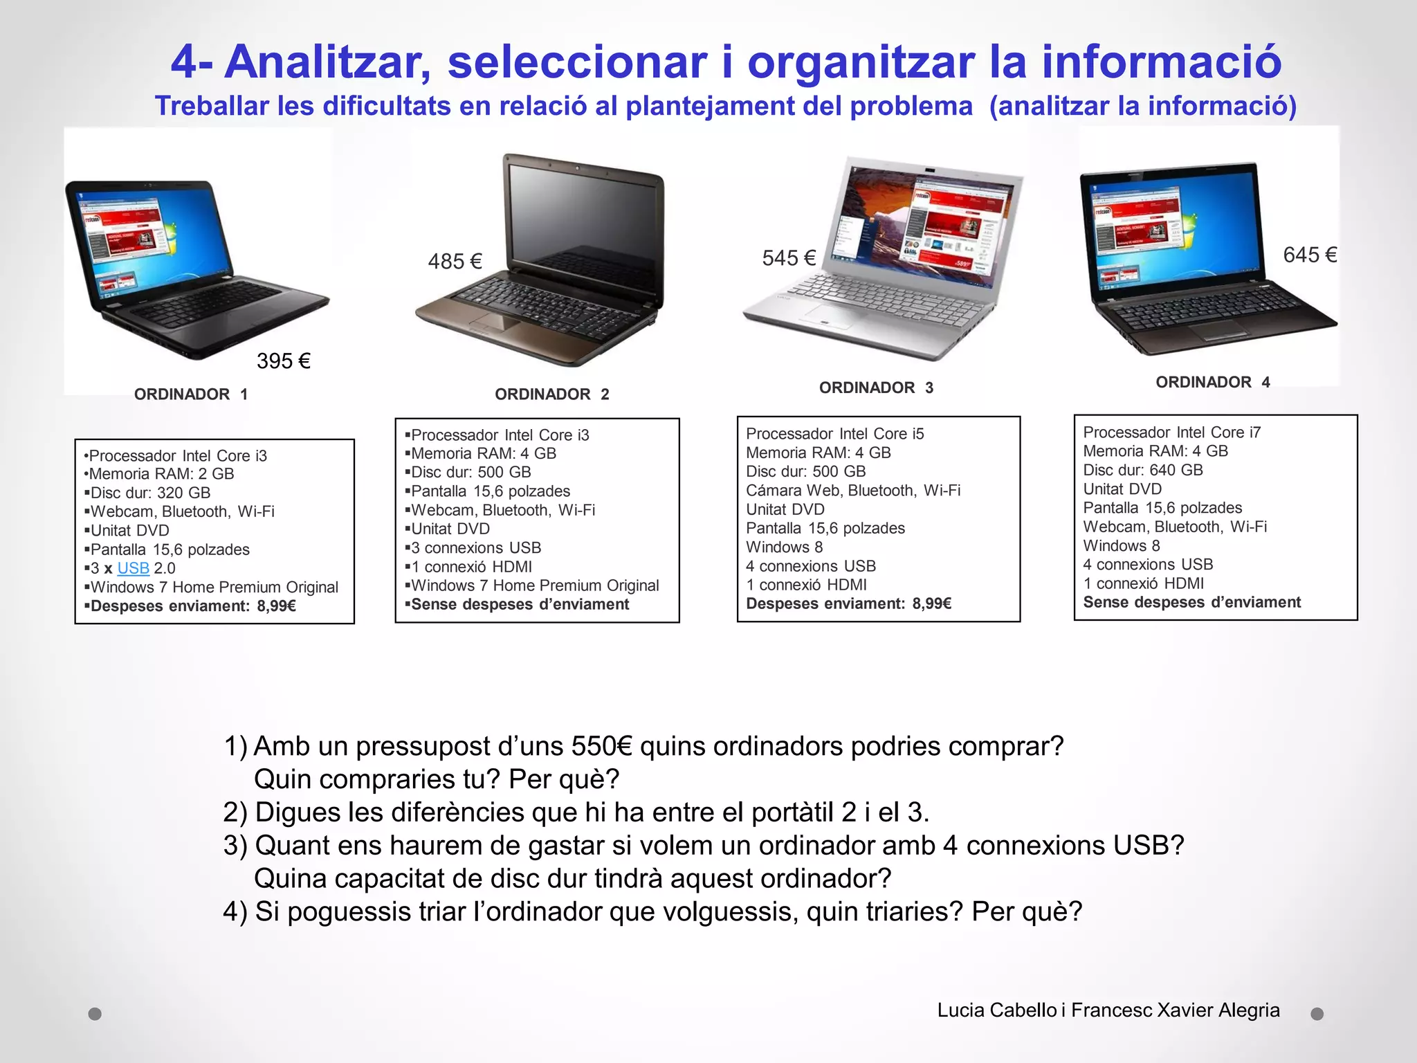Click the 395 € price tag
coord(283,361)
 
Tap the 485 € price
coord(455,262)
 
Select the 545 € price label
coord(789,258)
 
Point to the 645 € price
coord(1310,255)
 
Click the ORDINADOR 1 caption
coord(191,394)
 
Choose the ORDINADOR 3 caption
coord(876,388)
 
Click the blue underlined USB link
coord(134,568)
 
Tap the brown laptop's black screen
coord(585,228)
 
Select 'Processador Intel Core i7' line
coord(1171,433)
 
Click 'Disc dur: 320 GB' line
coord(150,493)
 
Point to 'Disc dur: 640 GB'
coord(1142,470)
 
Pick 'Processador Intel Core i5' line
coord(834,434)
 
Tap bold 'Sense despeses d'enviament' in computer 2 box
coord(520,604)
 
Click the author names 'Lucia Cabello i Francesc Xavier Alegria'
coord(1108,1010)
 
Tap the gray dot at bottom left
coord(95,1014)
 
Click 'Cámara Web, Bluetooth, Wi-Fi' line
coord(852,491)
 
